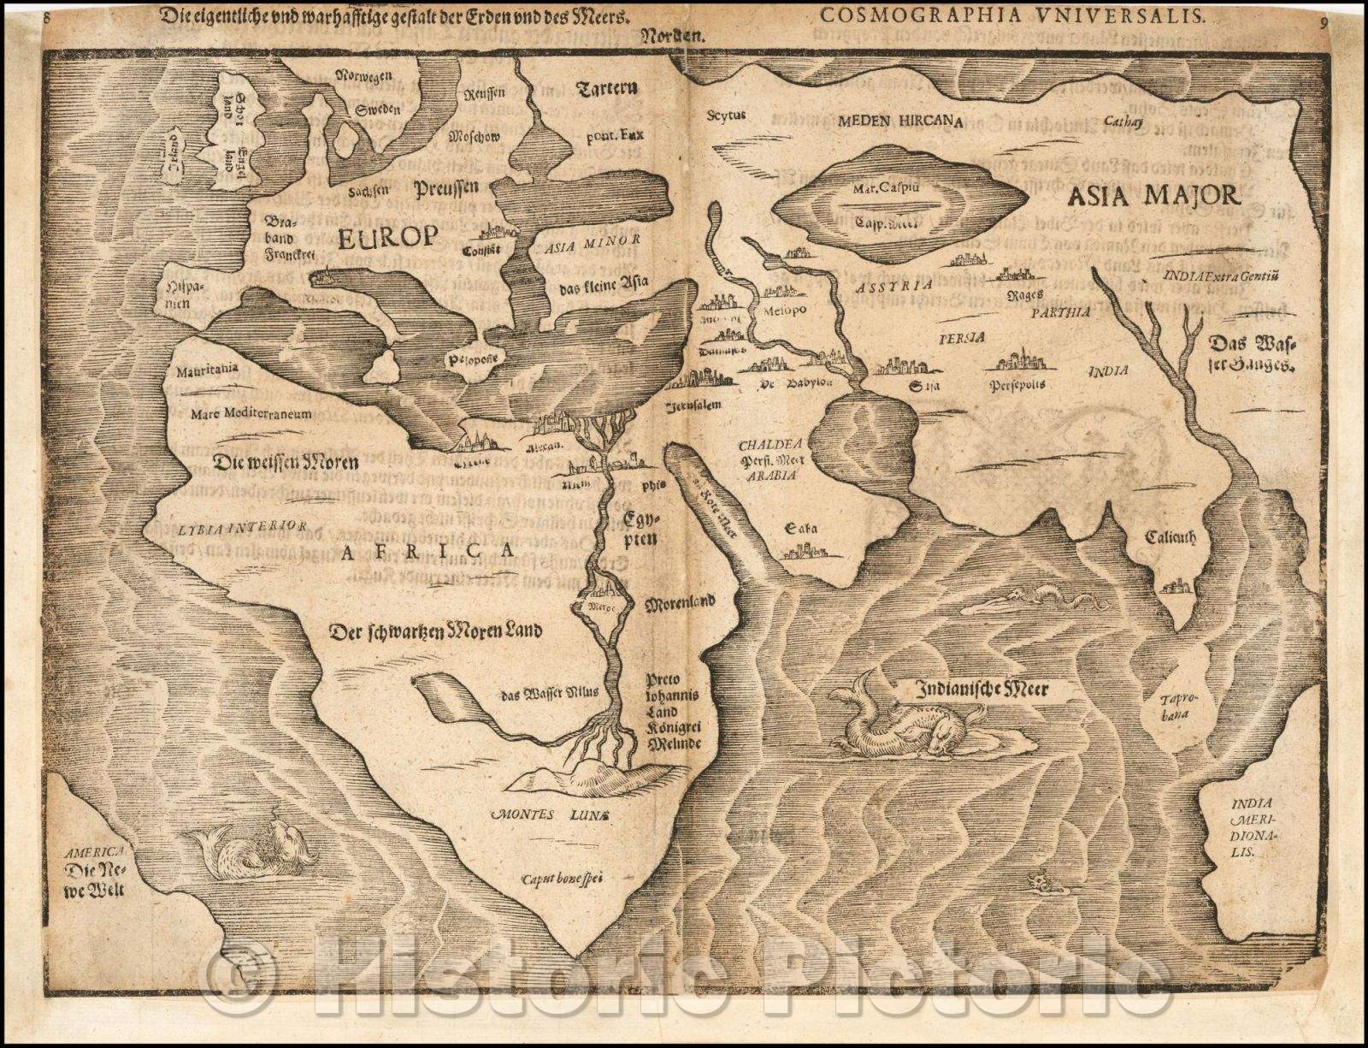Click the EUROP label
coord(386,236)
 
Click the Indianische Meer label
coord(982,687)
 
